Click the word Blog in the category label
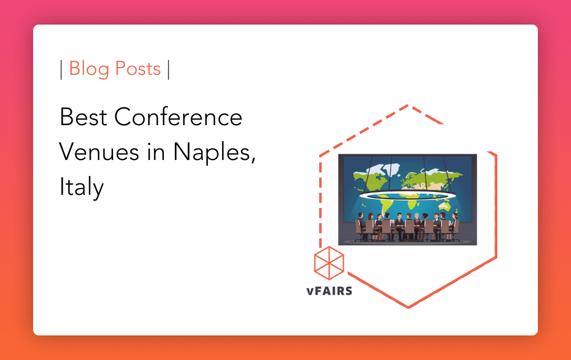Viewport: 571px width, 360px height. pyautogui.click(x=90, y=69)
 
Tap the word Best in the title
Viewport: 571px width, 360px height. pyautogui.click(x=83, y=118)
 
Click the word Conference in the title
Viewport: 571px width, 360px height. pyautogui.click(x=178, y=118)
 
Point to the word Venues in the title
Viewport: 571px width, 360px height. pyautogui.click(x=97, y=152)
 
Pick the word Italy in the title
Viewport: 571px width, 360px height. pyautogui.click(x=81, y=187)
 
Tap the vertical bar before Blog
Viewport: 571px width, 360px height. pyautogui.click(x=61, y=70)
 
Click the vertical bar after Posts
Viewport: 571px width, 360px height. pyautogui.click(x=168, y=70)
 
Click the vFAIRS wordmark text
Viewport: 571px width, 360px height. pyautogui.click(x=329, y=291)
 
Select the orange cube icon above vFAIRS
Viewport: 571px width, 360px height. pyautogui.click(x=329, y=263)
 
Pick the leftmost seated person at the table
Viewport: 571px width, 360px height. pyautogui.click(x=360, y=224)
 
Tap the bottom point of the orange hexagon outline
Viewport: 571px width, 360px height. pyautogui.click(x=408, y=307)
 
